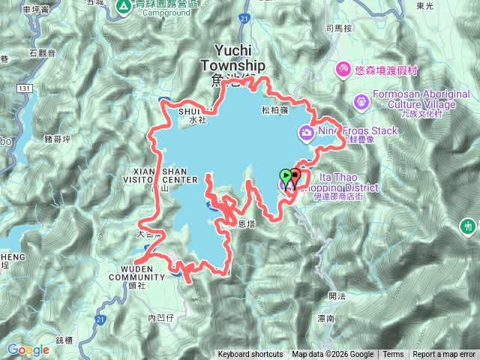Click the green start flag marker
pos(286,178)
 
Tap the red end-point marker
pos(295,177)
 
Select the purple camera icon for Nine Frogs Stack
pos(306,133)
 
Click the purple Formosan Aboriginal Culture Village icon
pos(361,99)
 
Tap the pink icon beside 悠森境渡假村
pos(343,68)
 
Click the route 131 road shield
pos(25,88)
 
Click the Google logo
pos(28,349)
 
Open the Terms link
pos(393,355)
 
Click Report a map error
pos(444,355)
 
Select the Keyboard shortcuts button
pos(250,355)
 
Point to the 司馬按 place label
pos(338,28)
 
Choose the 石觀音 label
pos(43,52)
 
